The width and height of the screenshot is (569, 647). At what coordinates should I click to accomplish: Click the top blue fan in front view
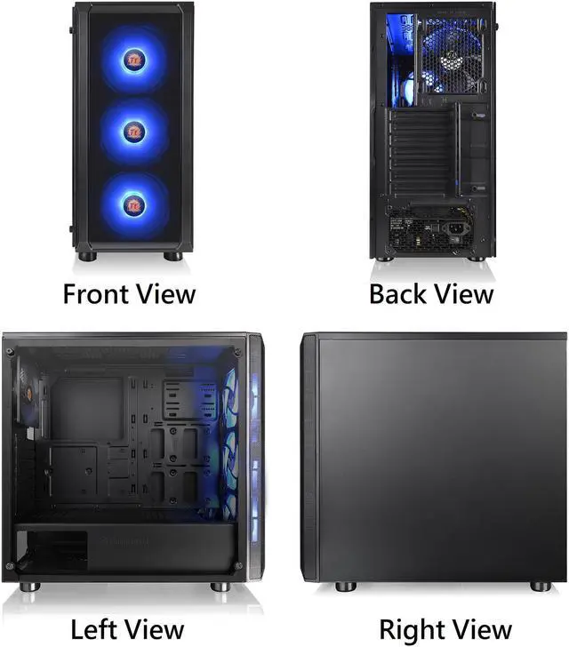[133, 60]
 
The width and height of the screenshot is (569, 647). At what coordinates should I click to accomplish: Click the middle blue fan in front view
[133, 131]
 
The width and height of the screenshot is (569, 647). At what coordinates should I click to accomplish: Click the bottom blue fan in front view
[133, 204]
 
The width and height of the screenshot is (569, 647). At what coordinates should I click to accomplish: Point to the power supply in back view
[433, 229]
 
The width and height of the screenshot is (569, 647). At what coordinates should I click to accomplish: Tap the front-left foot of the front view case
[86, 256]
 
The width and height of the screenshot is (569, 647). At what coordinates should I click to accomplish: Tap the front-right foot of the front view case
[172, 256]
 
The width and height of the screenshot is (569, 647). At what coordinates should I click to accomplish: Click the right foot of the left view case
[220, 587]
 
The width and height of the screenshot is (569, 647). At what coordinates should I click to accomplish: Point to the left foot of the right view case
[345, 587]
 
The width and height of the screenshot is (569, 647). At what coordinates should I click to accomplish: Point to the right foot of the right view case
[540, 587]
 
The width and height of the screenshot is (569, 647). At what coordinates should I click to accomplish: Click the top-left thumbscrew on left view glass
[11, 352]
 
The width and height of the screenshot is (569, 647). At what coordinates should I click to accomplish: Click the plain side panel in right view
[440, 458]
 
